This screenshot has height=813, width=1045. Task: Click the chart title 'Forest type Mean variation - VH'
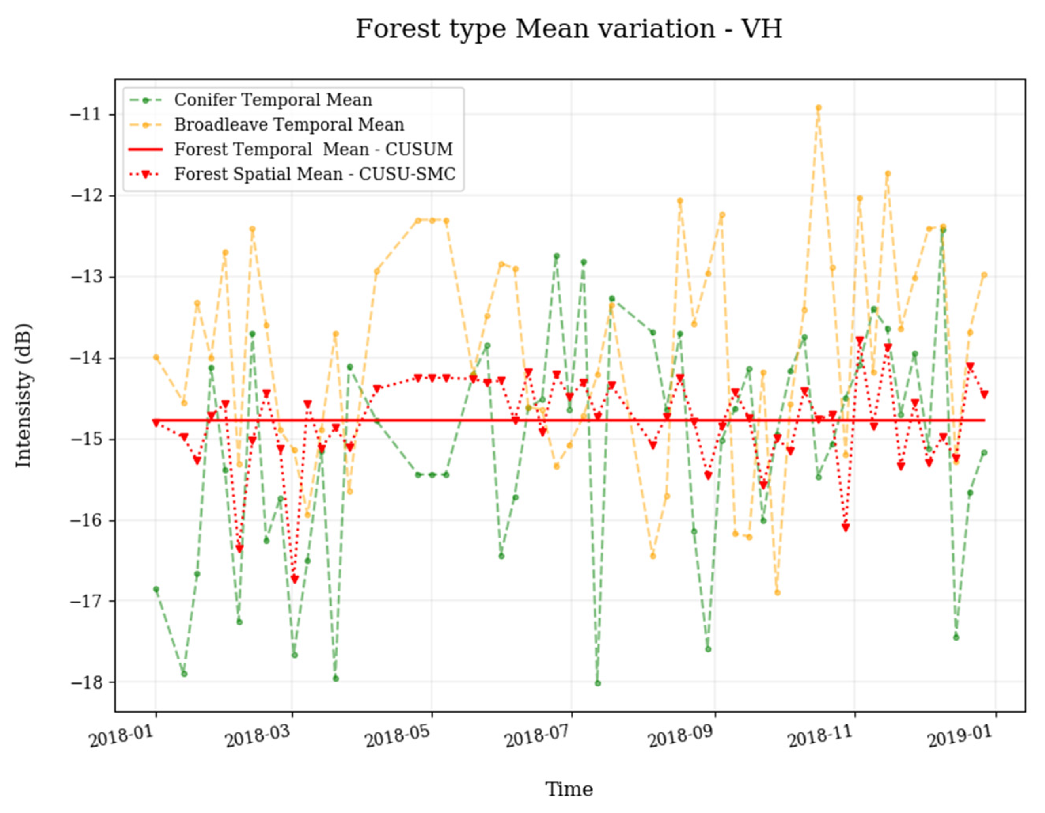569,29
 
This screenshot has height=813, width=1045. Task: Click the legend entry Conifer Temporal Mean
273,100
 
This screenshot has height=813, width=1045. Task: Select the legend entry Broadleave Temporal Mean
289,125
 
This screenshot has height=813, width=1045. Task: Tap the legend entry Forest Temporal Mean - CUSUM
313,149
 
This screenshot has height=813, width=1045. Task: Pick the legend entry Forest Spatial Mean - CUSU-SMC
315,174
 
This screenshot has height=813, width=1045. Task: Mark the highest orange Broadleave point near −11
818,108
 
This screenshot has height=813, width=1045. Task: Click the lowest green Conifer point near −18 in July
597,683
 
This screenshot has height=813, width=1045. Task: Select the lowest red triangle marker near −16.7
294,580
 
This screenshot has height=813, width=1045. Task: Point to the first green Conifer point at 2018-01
156,589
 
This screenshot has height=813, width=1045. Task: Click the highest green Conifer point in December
943,230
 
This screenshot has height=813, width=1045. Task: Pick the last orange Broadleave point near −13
984,275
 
